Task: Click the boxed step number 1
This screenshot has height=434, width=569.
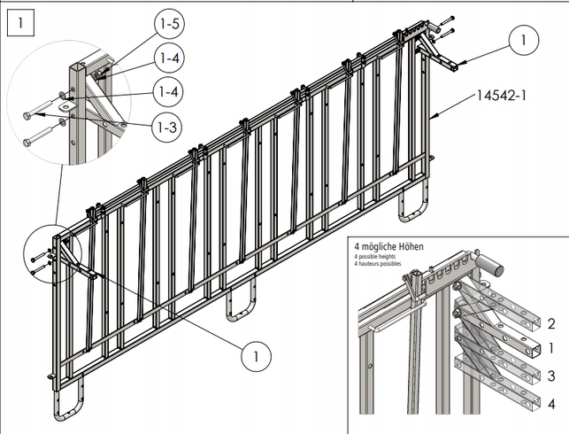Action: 20,20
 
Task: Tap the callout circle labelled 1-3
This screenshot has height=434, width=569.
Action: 167,128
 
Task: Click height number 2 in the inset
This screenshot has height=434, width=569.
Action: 551,324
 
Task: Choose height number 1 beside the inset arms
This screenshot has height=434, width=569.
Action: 551,350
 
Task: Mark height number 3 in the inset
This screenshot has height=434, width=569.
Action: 551,376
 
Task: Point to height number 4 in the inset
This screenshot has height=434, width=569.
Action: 551,405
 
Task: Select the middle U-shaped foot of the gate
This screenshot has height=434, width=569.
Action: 241,301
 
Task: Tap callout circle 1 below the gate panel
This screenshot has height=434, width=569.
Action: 255,356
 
